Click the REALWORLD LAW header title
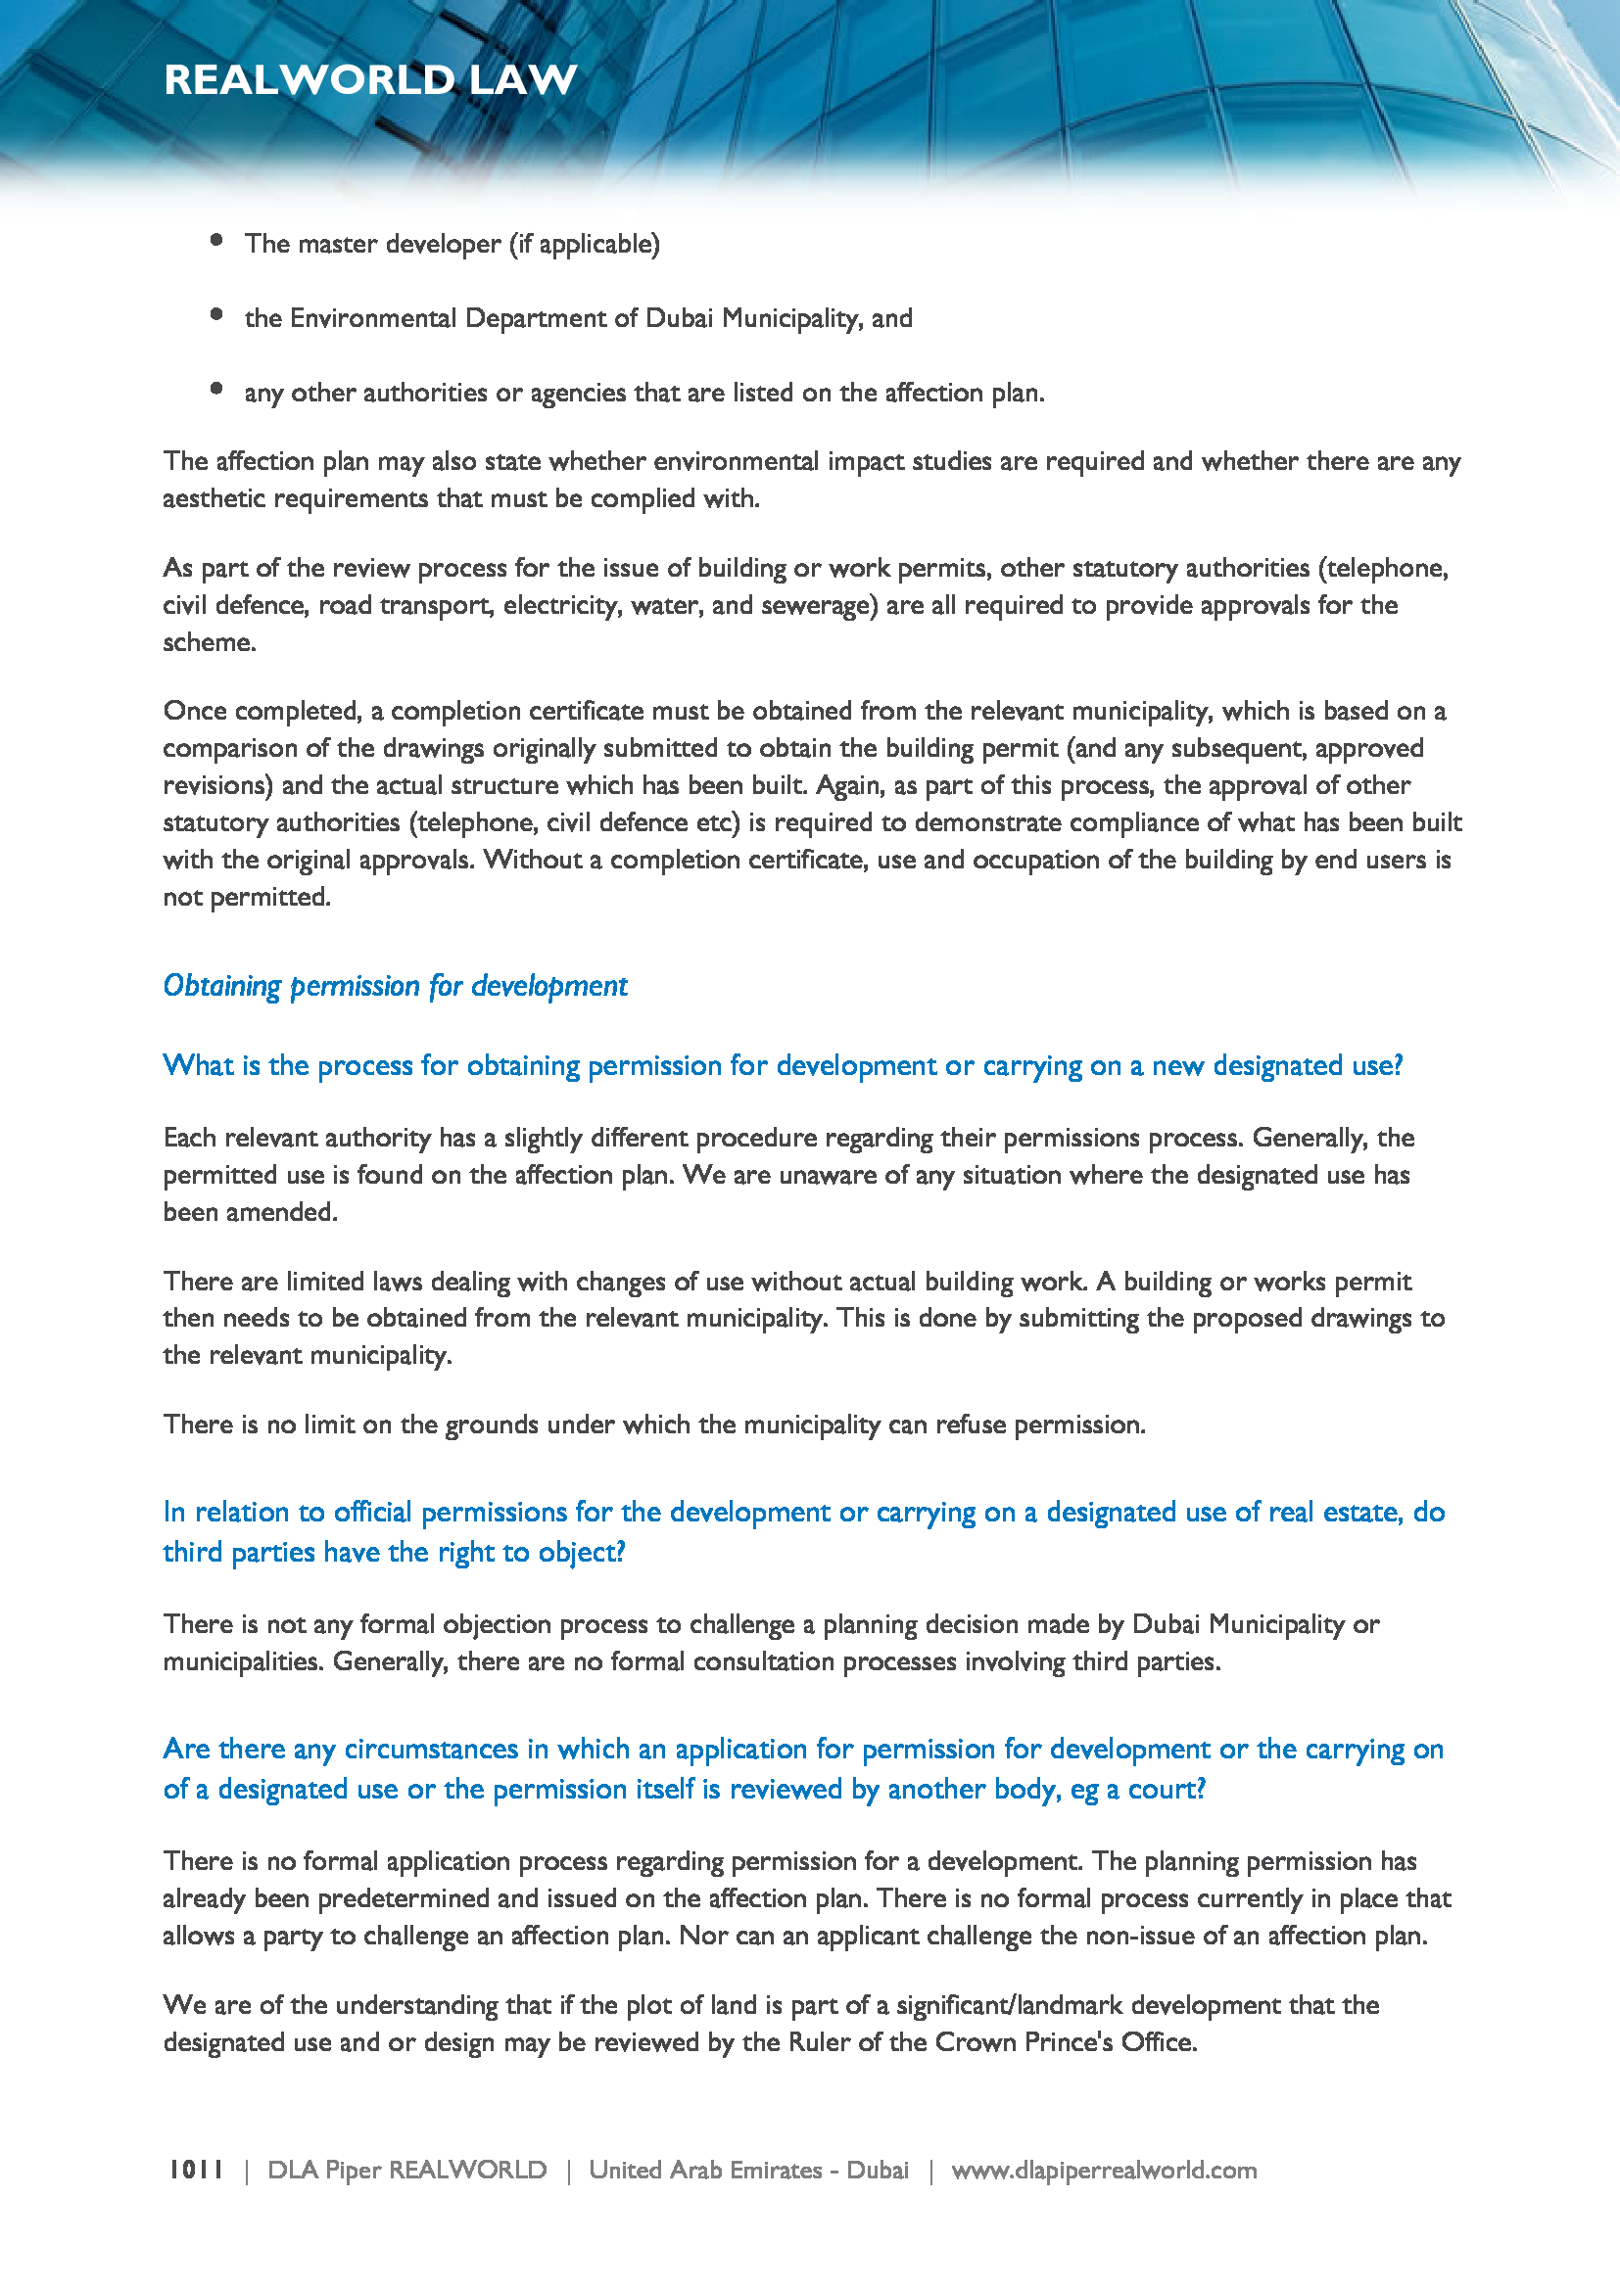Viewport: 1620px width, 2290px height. coord(370,79)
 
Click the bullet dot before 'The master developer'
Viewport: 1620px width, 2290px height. coord(216,239)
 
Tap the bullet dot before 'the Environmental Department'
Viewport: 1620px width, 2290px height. coord(216,314)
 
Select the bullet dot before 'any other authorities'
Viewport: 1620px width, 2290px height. coord(216,389)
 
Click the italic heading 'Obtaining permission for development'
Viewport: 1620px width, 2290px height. coord(395,986)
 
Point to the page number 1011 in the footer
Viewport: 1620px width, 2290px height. coord(196,2170)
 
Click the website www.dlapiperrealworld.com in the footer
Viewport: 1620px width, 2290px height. coord(1103,2171)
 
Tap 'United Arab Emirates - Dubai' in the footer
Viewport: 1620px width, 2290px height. coord(748,2171)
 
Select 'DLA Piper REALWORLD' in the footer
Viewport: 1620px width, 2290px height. coord(407,2171)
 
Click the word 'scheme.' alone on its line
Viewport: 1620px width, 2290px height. coord(210,642)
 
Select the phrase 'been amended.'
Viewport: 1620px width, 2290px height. coord(251,1212)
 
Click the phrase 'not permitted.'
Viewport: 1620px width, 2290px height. coord(247,897)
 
